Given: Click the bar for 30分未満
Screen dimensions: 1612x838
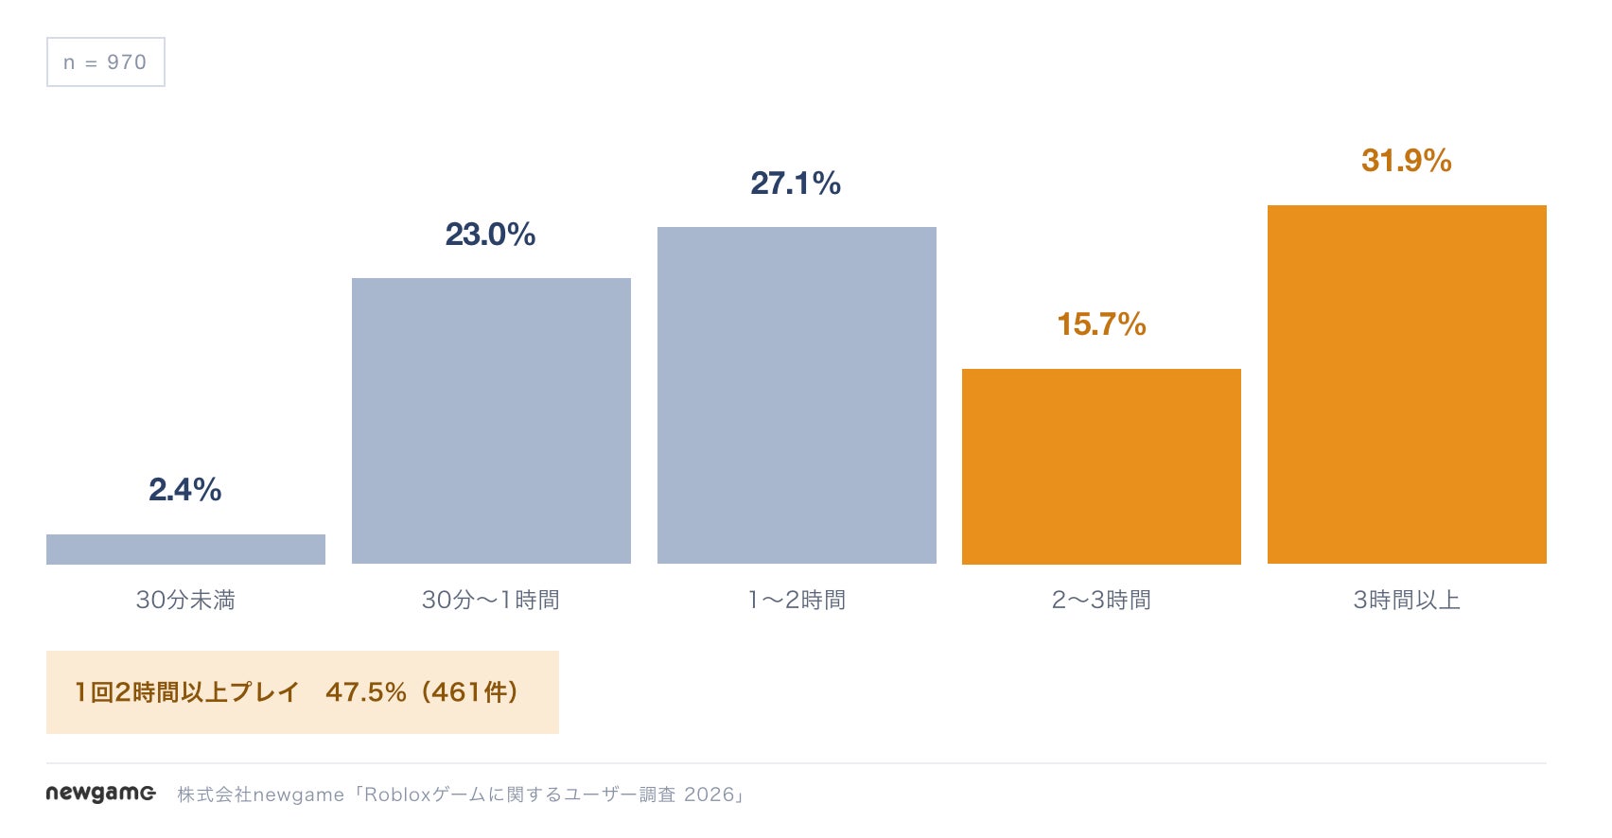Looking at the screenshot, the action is [185, 549].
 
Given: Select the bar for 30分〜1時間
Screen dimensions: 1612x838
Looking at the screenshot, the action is [492, 421].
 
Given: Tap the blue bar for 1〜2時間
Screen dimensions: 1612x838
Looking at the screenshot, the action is [797, 395].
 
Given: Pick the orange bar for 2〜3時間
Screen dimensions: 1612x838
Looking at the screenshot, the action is [1101, 467].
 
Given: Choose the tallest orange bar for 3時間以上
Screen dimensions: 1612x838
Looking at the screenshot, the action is [1407, 385].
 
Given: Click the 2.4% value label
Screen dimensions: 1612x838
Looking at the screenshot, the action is [185, 490].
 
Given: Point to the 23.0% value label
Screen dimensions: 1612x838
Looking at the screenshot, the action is [490, 235].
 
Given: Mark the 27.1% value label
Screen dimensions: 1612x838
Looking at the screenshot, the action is [796, 183].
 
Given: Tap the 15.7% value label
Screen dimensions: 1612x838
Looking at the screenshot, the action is [1101, 324].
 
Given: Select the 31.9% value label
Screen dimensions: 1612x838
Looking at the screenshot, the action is [1406, 161].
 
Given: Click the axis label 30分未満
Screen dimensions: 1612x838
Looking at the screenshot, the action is [185, 600].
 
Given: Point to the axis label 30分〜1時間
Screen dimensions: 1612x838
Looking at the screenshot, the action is [491, 600].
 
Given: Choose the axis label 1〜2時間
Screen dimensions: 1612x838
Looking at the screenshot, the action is [797, 600].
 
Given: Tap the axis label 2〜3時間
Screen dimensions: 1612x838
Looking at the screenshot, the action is [1101, 600].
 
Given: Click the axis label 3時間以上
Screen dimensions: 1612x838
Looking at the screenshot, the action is [1407, 600].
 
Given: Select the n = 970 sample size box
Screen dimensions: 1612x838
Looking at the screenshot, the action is [106, 61].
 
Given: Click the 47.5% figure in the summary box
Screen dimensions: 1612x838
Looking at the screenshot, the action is [366, 692].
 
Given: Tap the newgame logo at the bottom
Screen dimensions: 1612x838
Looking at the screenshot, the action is [100, 794].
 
